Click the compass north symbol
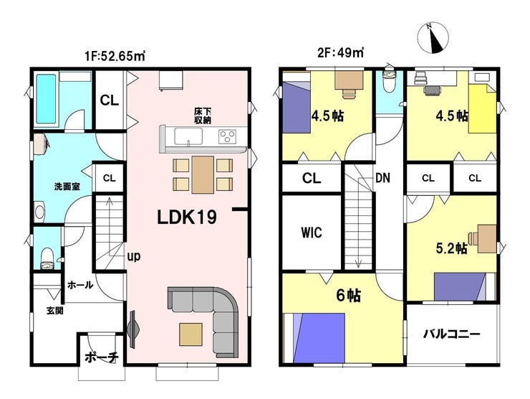click(433, 37)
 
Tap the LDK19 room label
click(187, 217)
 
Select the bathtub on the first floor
click(46, 99)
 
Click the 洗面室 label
click(67, 187)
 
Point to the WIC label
click(312, 233)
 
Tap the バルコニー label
click(452, 334)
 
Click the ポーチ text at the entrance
click(101, 357)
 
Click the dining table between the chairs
click(203, 175)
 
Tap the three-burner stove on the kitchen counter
click(227, 137)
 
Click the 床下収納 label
click(203, 116)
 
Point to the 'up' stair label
click(133, 257)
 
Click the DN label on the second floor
click(382, 178)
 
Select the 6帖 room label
click(349, 296)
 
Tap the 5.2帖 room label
click(452, 248)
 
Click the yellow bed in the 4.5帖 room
click(482, 109)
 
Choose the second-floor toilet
click(390, 80)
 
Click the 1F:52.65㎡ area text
click(115, 56)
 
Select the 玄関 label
click(54, 310)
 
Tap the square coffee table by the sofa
click(191, 334)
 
